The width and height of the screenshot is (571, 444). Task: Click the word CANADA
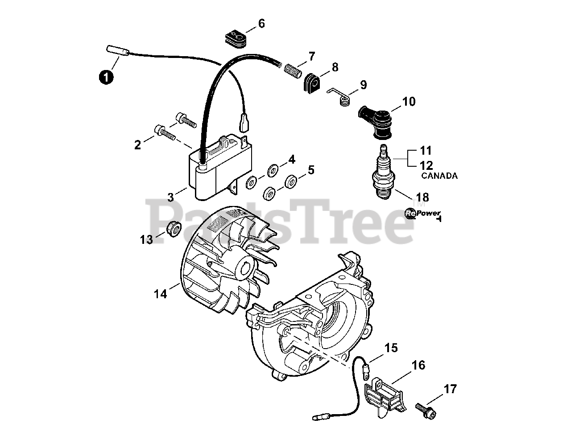click(439, 176)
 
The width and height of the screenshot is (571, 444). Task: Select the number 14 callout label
click(161, 294)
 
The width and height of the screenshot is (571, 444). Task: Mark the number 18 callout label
click(422, 197)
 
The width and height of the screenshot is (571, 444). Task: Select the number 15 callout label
click(391, 348)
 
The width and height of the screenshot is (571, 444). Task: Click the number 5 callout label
click(311, 169)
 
